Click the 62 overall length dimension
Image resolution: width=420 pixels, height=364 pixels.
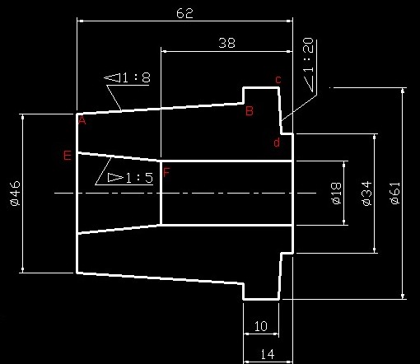184,13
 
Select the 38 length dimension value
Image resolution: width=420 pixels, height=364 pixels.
226,43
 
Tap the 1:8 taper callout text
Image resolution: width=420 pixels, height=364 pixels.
137,77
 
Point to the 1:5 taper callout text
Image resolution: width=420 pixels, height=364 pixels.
139,178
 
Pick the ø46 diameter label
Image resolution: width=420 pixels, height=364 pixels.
15,194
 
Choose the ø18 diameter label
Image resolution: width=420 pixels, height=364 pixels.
336,194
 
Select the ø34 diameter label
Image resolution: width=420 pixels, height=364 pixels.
366,194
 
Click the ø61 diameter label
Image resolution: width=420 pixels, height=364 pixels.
394,194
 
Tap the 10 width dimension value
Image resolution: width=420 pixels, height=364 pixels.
261,326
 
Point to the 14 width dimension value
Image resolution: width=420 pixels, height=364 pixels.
267,354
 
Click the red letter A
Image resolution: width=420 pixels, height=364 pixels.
82,120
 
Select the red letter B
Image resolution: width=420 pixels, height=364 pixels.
250,111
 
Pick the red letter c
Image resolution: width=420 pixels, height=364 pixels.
278,80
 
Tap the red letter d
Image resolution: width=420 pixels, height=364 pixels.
277,142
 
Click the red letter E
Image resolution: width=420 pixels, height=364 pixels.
68,156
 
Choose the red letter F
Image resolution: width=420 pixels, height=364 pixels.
166,172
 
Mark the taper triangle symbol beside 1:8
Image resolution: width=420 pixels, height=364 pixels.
112,77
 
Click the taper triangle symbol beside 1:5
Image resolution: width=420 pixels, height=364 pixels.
115,178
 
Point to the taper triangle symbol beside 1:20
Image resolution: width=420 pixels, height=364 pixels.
309,83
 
